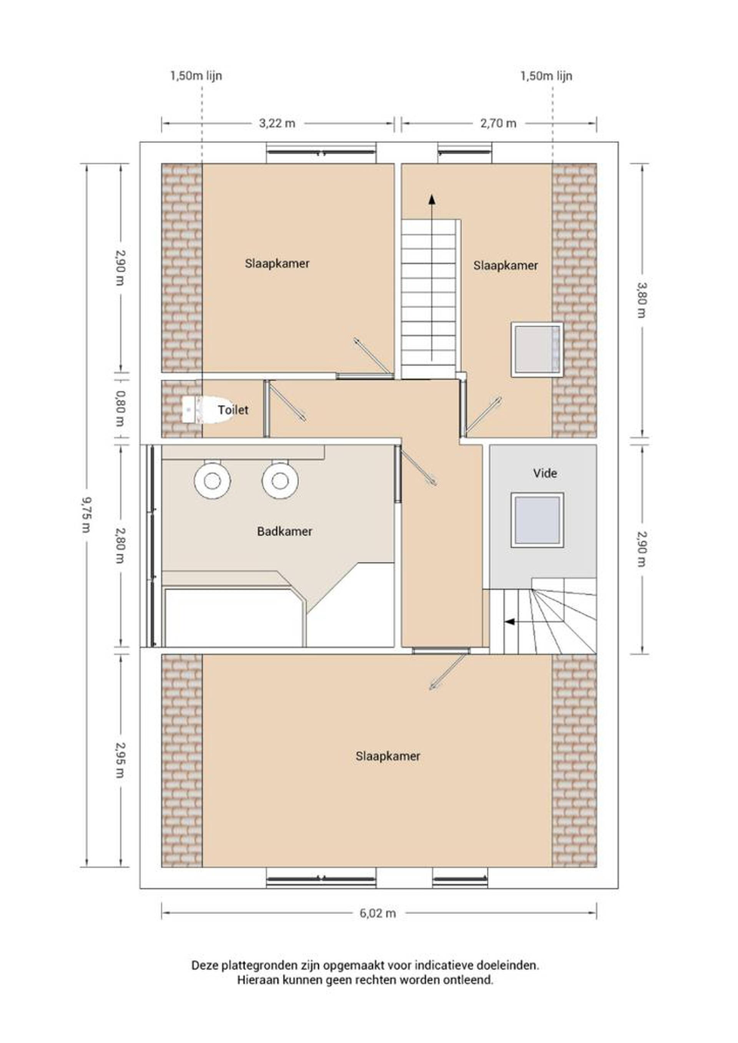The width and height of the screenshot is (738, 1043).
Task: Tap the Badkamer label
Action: click(x=284, y=532)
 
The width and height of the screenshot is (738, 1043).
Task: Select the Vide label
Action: click(x=545, y=473)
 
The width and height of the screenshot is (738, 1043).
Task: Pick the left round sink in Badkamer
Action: click(x=211, y=480)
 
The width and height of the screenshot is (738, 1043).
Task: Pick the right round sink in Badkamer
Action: click(x=280, y=480)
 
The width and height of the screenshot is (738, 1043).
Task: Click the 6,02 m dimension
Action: click(x=377, y=914)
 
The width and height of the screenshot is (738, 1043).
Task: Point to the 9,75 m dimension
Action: click(x=85, y=515)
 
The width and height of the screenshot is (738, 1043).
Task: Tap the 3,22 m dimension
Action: click(x=277, y=123)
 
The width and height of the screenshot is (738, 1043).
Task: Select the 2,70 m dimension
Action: click(x=499, y=123)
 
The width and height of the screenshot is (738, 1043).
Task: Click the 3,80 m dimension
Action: click(x=641, y=300)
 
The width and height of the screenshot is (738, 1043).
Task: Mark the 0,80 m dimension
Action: click(x=120, y=408)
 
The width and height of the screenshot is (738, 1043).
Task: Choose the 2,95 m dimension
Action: click(x=120, y=760)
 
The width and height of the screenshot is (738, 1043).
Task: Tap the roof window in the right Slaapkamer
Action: click(x=537, y=350)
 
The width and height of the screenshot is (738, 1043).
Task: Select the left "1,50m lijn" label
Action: click(x=196, y=76)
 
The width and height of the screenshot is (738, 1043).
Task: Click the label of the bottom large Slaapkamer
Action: click(x=387, y=756)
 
